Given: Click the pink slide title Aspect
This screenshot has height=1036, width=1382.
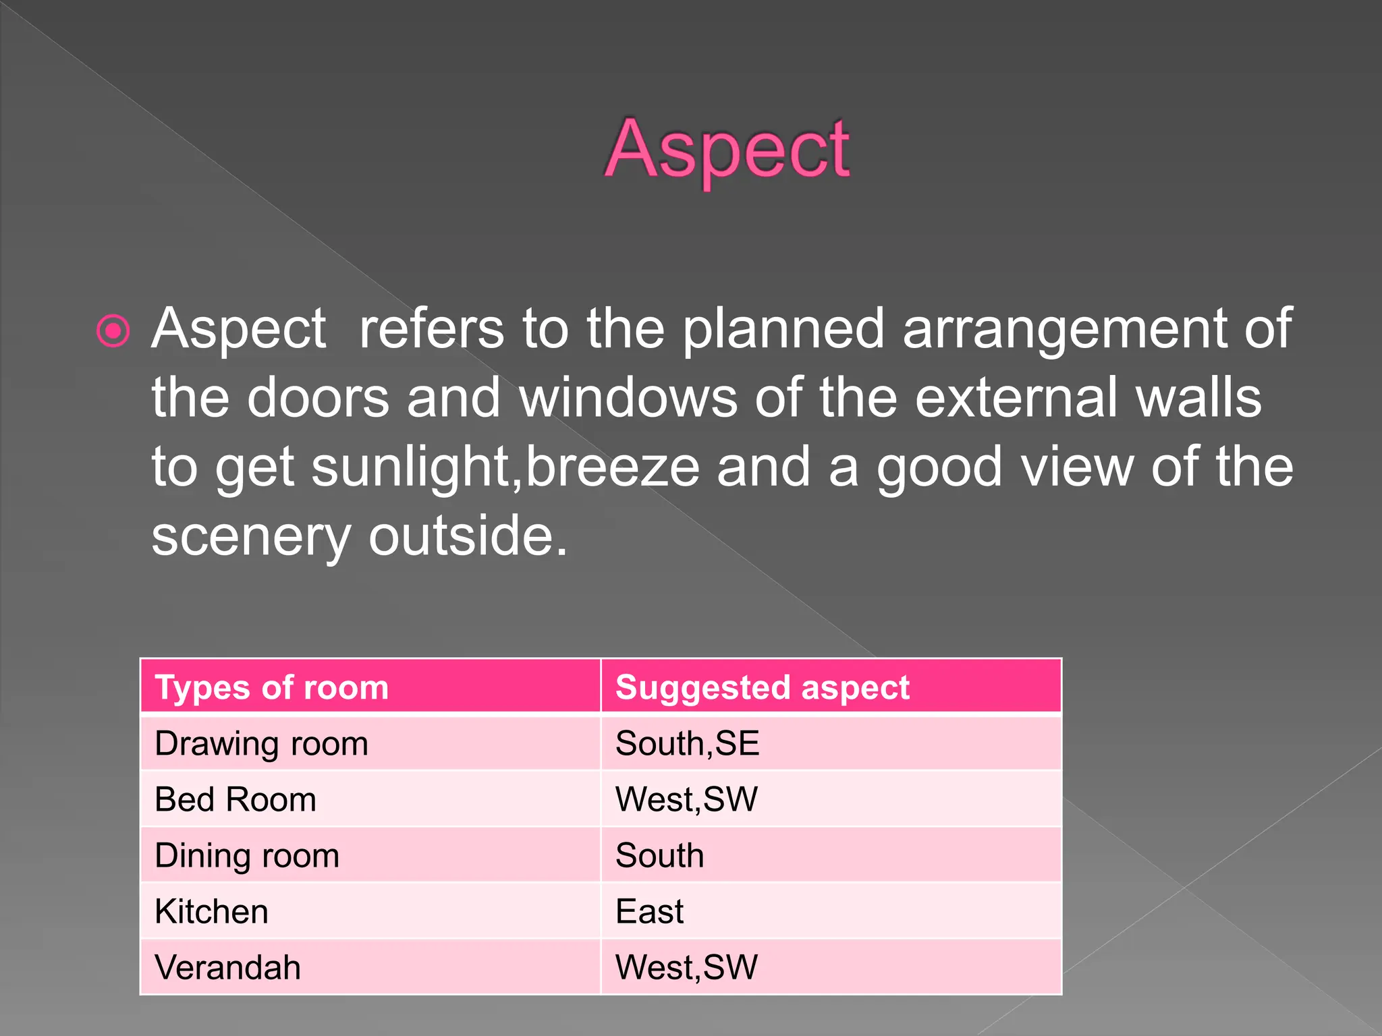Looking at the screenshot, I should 726,150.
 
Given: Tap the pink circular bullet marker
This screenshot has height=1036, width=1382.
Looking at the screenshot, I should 113,330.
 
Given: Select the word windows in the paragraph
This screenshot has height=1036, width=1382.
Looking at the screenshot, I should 628,398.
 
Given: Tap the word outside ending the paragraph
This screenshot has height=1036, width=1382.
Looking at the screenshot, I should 466,537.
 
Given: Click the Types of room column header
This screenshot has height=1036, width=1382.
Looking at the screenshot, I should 272,687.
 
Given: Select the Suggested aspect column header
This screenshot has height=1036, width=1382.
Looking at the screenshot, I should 763,687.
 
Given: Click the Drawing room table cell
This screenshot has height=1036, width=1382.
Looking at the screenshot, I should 262,744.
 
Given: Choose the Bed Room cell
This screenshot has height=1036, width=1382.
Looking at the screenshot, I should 236,800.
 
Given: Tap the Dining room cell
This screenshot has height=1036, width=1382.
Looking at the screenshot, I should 247,856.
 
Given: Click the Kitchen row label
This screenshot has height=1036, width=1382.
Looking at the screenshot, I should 211,912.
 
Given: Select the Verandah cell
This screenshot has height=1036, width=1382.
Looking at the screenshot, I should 227,968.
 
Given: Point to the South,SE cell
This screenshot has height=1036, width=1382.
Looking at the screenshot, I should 687,744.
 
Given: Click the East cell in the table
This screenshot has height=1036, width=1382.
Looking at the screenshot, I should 649,912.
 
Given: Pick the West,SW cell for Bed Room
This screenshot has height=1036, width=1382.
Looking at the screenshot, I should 686,800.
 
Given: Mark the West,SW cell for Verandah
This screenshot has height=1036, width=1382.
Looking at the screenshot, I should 686,968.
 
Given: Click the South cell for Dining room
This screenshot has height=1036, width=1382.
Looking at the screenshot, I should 659,856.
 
